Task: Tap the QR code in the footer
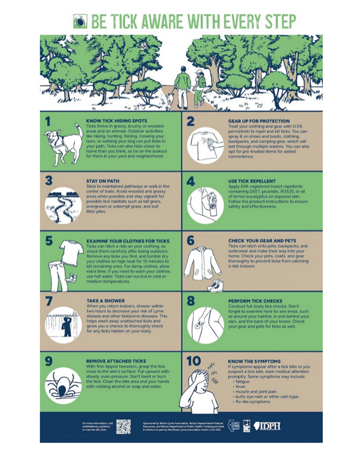click(123, 427)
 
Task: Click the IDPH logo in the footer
click(267, 426)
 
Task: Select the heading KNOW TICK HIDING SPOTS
click(116, 121)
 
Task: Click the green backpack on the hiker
click(202, 81)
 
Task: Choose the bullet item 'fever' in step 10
click(241, 386)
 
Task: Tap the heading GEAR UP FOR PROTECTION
click(258, 121)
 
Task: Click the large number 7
click(48, 303)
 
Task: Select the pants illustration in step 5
click(59, 276)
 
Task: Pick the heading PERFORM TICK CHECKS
click(255, 301)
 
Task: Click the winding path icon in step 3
click(63, 205)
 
